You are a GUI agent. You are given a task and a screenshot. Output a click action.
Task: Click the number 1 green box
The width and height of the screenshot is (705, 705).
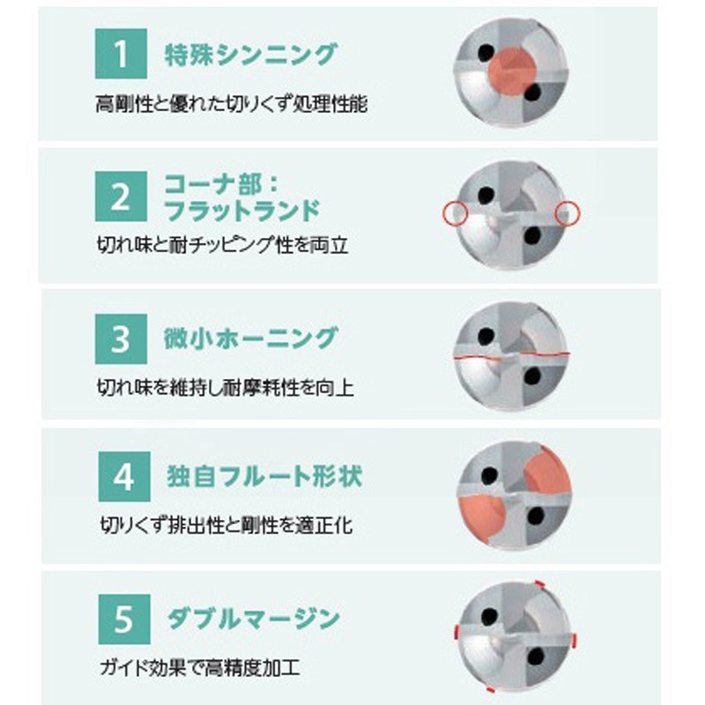pyautogui.click(x=121, y=54)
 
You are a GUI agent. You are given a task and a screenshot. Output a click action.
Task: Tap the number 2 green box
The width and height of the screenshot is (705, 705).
pyautogui.click(x=121, y=196)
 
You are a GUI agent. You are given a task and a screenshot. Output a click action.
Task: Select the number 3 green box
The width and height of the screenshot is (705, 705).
pyautogui.click(x=121, y=339)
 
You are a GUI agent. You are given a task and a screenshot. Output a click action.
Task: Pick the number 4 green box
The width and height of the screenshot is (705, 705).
pyautogui.click(x=124, y=477)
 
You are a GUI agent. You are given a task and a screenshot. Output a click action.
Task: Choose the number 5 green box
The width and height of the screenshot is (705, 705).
pyautogui.click(x=124, y=620)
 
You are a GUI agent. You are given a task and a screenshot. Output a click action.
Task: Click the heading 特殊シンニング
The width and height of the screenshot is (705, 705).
pyautogui.click(x=250, y=55)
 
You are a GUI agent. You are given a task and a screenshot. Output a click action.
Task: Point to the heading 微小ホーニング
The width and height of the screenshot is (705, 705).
pyautogui.click(x=250, y=338)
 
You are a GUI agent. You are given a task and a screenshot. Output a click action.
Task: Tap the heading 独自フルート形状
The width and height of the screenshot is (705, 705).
pyautogui.click(x=264, y=477)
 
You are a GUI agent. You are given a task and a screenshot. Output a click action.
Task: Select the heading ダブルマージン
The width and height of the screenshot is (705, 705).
pyautogui.click(x=253, y=620)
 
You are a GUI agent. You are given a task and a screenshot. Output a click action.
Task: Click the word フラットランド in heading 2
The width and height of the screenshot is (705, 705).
pyautogui.click(x=241, y=211)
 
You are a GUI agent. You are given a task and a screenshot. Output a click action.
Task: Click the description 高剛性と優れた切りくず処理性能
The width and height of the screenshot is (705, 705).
pyautogui.click(x=232, y=104)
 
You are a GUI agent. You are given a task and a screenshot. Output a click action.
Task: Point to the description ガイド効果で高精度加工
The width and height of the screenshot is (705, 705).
pyautogui.click(x=200, y=668)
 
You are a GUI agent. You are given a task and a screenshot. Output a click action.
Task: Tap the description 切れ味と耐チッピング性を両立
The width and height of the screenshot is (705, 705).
pyautogui.click(x=223, y=245)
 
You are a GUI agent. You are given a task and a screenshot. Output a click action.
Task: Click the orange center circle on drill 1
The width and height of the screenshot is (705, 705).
pyautogui.click(x=513, y=71)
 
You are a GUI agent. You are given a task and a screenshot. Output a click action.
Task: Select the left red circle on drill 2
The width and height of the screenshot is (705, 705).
pyautogui.click(x=456, y=213)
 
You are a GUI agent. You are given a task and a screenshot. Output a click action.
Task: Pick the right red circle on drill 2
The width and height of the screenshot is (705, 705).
pyautogui.click(x=568, y=213)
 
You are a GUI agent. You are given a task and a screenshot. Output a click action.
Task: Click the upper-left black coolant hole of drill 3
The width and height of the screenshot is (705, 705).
pyautogui.click(x=486, y=336)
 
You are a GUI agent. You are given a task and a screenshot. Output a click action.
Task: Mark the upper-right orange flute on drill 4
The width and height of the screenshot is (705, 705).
pyautogui.click(x=548, y=471)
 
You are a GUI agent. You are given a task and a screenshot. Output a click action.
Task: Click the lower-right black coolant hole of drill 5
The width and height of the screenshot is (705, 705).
pyautogui.click(x=536, y=657)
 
